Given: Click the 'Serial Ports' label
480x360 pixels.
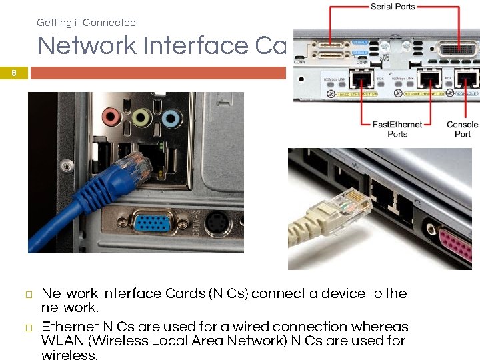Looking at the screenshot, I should pos(392,7).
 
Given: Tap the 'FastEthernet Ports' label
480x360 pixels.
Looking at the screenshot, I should pos(397,129).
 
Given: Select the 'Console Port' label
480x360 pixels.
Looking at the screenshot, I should pos(462,129).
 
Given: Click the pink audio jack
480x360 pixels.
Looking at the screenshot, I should pos(111,118).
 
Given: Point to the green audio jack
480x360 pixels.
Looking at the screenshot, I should pos(141,119).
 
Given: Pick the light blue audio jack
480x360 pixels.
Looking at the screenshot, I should pos(171,119).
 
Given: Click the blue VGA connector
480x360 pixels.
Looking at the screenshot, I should pos(153,223).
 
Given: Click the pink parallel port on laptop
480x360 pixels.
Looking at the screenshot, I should pos(457,244).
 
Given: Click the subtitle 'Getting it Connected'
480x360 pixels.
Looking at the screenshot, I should pos(86,23).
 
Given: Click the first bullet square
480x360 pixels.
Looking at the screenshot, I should pos(29,295).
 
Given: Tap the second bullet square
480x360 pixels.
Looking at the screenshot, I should pos(29,328).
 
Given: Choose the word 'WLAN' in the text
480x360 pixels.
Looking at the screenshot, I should pos(63,341).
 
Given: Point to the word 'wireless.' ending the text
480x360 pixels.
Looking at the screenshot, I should pos(69,355).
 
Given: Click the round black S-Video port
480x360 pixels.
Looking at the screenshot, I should pos(217,223).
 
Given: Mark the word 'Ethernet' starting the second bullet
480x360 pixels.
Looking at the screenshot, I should pos(69,327).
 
